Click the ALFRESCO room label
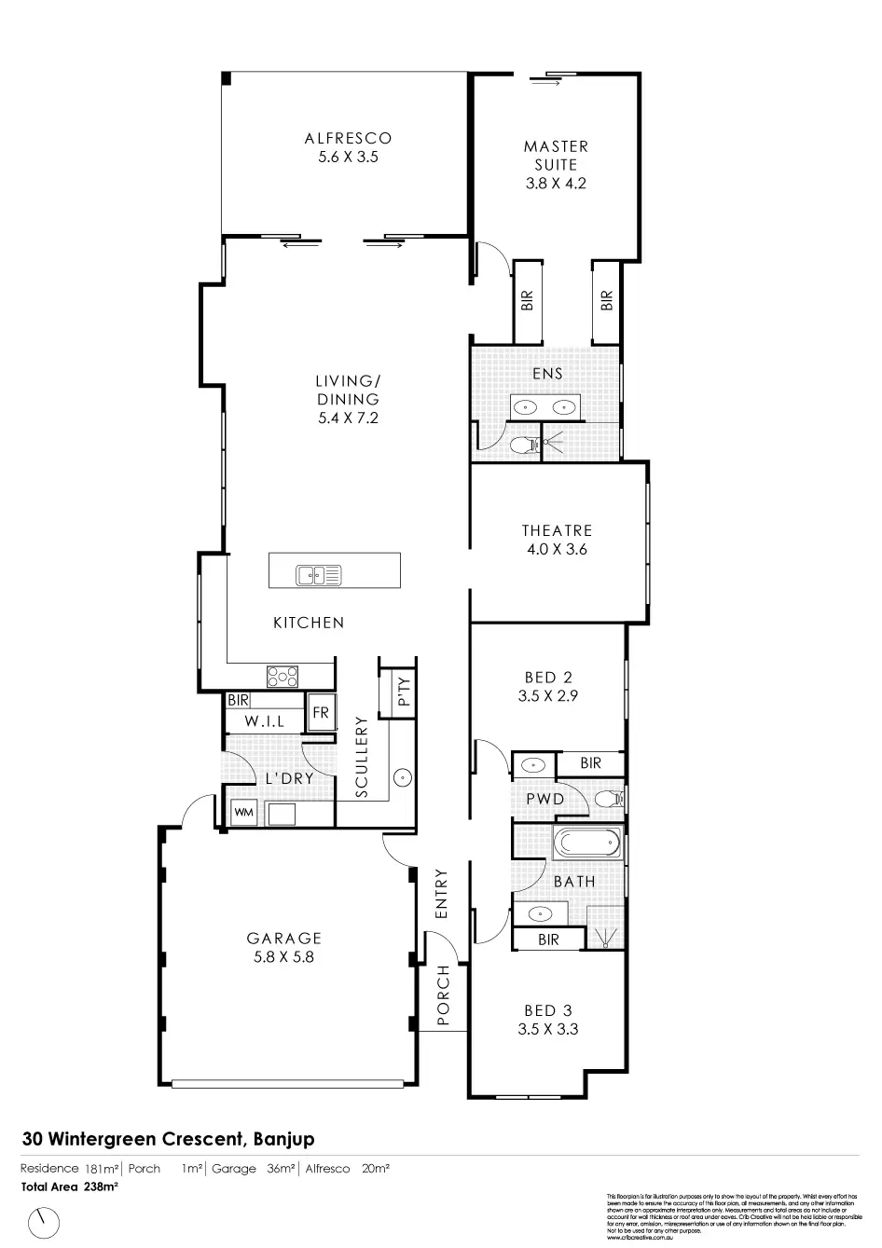pos(348,147)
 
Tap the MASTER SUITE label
pos(556,164)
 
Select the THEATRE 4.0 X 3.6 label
pos(557,540)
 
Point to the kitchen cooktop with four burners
pos(283,676)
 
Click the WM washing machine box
pos(243,813)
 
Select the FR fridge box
pos(321,713)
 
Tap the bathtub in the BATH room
pos(586,844)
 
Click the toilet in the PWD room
pos(609,799)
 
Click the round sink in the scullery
pos(403,775)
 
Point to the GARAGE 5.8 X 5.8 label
pos(284,947)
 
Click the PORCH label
pos(444,996)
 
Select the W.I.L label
pos(265,722)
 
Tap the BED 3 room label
pos(547,1010)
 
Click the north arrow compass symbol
pos(43,1219)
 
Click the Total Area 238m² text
pos(69,1187)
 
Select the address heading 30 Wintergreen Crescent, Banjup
pos(169,1139)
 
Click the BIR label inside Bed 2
pos(590,763)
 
